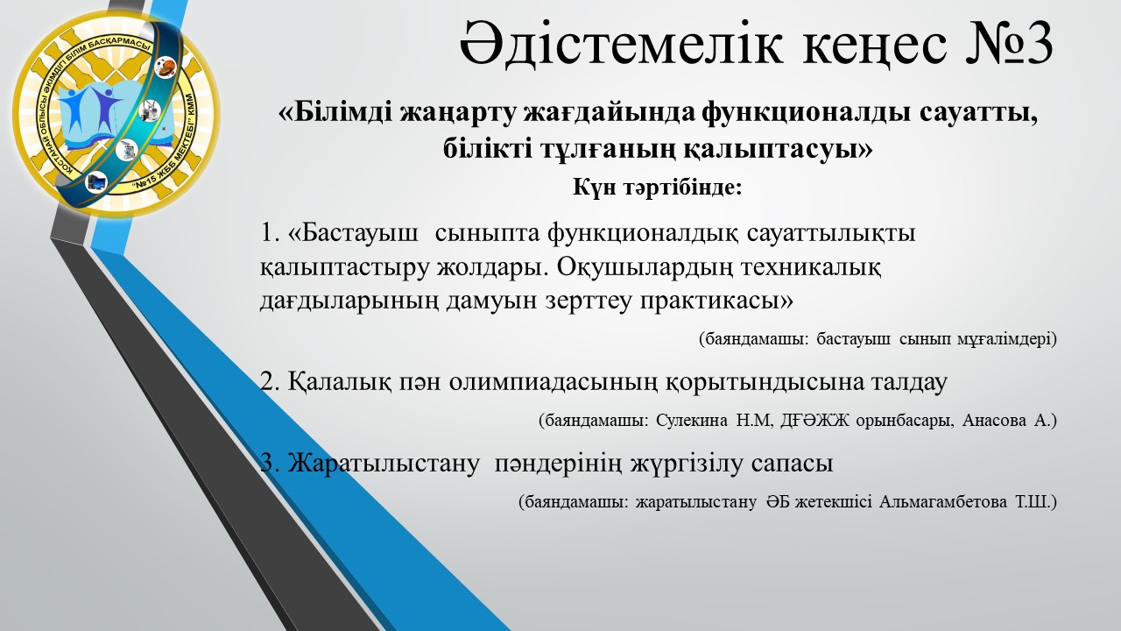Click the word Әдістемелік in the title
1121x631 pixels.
(x=621, y=43)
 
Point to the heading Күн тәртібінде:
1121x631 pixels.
(x=657, y=188)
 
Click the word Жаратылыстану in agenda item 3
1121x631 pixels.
(x=384, y=464)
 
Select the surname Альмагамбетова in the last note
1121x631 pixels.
(x=943, y=502)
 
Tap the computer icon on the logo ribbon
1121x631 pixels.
(x=96, y=181)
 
